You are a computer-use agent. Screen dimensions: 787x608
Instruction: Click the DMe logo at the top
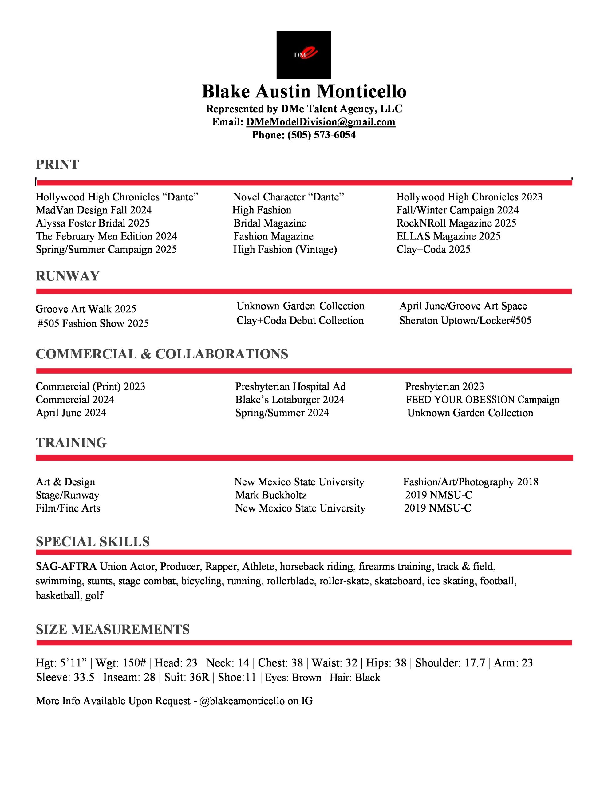coord(303,55)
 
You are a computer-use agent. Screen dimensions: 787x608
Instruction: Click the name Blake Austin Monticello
coord(304,92)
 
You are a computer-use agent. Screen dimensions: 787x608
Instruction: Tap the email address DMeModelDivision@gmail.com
coord(321,122)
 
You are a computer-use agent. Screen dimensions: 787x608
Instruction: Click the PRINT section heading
coord(57,164)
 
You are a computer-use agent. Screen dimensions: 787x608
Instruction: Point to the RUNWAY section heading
coord(67,276)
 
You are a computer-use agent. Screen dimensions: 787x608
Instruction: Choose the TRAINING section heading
coord(71,442)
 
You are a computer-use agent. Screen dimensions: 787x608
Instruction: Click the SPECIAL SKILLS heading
coord(93,542)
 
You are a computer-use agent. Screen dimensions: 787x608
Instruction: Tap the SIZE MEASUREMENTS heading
coord(113,629)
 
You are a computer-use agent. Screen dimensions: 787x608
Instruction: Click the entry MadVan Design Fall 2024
coord(94,210)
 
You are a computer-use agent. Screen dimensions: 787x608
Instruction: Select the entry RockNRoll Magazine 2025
coord(456,223)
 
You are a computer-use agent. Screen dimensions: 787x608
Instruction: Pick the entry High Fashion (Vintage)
coord(285,249)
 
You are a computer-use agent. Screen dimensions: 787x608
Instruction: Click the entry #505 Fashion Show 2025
coord(93,324)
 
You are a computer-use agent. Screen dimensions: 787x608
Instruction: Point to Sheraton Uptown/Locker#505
coord(465,320)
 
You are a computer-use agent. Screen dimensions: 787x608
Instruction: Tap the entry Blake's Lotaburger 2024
coord(290,400)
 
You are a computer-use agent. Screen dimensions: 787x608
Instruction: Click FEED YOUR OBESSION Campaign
coord(482,400)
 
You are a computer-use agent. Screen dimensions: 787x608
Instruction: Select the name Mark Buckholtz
coord(271,495)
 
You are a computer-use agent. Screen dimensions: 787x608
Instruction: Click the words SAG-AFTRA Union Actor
coord(96,567)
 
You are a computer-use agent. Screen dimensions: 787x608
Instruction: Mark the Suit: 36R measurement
coord(186,678)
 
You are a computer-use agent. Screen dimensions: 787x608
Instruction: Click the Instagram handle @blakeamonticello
coord(242,701)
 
